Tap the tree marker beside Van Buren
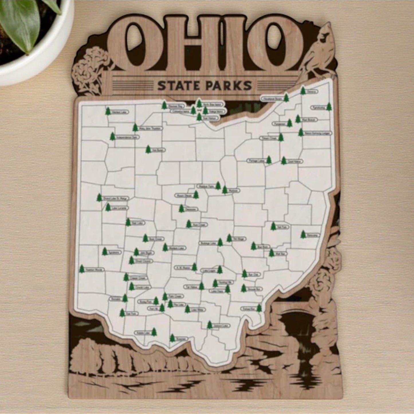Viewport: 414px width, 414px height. pos(148,149)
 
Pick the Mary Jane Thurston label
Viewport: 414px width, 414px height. pos(151,128)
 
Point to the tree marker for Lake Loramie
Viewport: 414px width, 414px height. pos(108,207)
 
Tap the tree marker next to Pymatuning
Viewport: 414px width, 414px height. pos(329,107)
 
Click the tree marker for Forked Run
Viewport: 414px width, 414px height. pos(259,308)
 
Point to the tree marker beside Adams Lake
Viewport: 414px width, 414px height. pos(154,331)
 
